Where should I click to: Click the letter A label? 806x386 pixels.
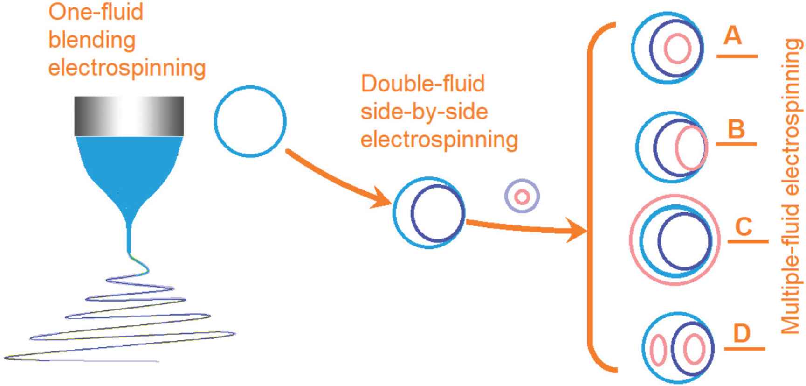[x=732, y=35]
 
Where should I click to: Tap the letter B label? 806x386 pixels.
[x=736, y=129]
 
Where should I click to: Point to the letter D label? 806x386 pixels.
[x=742, y=333]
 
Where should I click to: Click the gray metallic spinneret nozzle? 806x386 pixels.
[x=129, y=116]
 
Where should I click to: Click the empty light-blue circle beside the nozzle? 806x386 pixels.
[x=250, y=121]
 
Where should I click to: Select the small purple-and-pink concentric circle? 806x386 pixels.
[x=522, y=197]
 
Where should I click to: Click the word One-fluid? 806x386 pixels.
[x=96, y=12]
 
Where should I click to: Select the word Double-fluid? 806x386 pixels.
[x=423, y=84]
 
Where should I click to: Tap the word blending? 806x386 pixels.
[x=92, y=41]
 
